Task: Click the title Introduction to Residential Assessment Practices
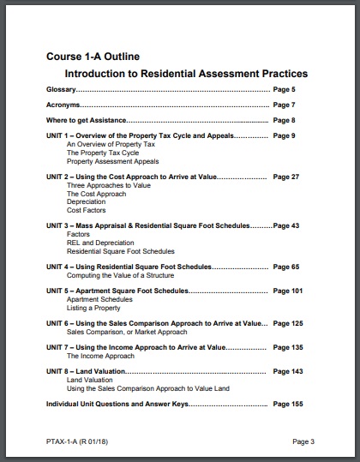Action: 186,74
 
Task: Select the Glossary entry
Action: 62,89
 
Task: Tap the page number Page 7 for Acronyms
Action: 284,105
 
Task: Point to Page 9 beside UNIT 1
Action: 284,135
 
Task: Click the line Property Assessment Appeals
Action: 112,161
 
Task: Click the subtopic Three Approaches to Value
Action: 110,185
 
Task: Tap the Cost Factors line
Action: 87,210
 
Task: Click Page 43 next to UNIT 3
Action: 285,225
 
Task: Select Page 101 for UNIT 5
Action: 287,291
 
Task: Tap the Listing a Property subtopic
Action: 93,308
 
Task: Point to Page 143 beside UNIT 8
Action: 287,371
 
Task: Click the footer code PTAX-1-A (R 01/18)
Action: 79,441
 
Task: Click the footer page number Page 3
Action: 303,441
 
